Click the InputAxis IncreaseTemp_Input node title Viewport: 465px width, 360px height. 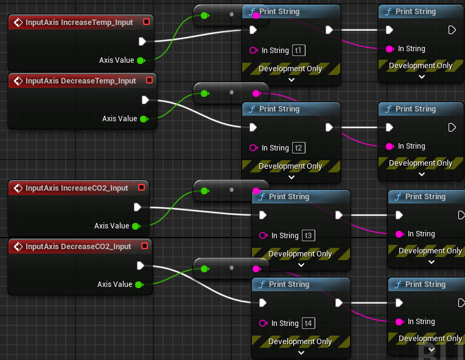tap(79, 23)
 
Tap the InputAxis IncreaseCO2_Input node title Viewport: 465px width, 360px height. tap(77, 188)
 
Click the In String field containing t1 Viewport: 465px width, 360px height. tap(298, 51)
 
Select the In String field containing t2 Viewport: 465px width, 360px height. tap(298, 148)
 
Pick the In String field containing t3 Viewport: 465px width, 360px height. tap(308, 236)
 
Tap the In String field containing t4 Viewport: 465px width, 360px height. tap(308, 323)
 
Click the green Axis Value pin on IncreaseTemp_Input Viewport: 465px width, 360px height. tap(141, 60)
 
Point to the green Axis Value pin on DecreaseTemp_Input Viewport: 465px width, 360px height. tap(144, 119)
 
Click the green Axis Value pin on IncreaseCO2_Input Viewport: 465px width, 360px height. tap(136, 226)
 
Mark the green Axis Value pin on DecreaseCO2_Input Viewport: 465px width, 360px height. tap(139, 284)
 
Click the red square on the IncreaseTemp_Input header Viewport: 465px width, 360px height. tap(145, 23)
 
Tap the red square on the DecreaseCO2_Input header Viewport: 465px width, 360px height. tap(144, 247)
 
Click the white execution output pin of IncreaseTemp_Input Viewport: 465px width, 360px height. tap(142, 41)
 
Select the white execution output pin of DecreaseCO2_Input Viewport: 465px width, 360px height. tap(141, 266)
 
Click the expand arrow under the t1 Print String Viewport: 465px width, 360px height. tap(291, 79)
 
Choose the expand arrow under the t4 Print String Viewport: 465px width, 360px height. tap(301, 352)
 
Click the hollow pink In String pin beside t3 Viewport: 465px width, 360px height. tap(264, 236)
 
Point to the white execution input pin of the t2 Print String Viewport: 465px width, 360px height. tap(253, 127)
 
